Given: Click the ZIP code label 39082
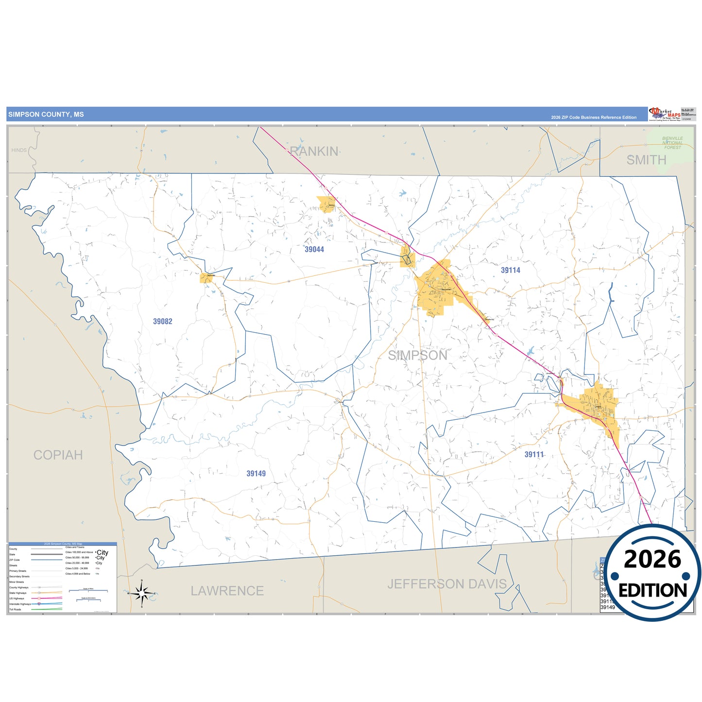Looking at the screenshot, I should [163, 322].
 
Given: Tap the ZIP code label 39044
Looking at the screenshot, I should [314, 250].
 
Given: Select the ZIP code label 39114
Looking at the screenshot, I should [511, 271].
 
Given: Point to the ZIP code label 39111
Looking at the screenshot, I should [534, 455].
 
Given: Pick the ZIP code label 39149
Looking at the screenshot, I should [256, 474].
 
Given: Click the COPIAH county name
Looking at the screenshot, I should [58, 455].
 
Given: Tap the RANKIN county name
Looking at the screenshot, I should [314, 152].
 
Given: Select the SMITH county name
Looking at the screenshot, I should [646, 160].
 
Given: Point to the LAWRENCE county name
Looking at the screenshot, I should [227, 591].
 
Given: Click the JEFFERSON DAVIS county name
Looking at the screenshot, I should [447, 584].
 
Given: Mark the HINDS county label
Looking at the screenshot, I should [19, 150].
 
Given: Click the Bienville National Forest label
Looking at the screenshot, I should [672, 143].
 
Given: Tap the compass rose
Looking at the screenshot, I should [141, 593].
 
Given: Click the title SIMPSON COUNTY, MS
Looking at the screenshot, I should [46, 115].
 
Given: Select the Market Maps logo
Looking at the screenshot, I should [665, 114].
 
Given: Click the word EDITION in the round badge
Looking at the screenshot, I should [652, 590].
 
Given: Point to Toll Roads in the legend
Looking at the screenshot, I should [15, 609].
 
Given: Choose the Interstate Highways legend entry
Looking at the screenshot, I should [20, 604].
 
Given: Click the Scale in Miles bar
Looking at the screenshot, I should [88, 590].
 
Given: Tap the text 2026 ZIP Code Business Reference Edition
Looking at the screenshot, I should [594, 118].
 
